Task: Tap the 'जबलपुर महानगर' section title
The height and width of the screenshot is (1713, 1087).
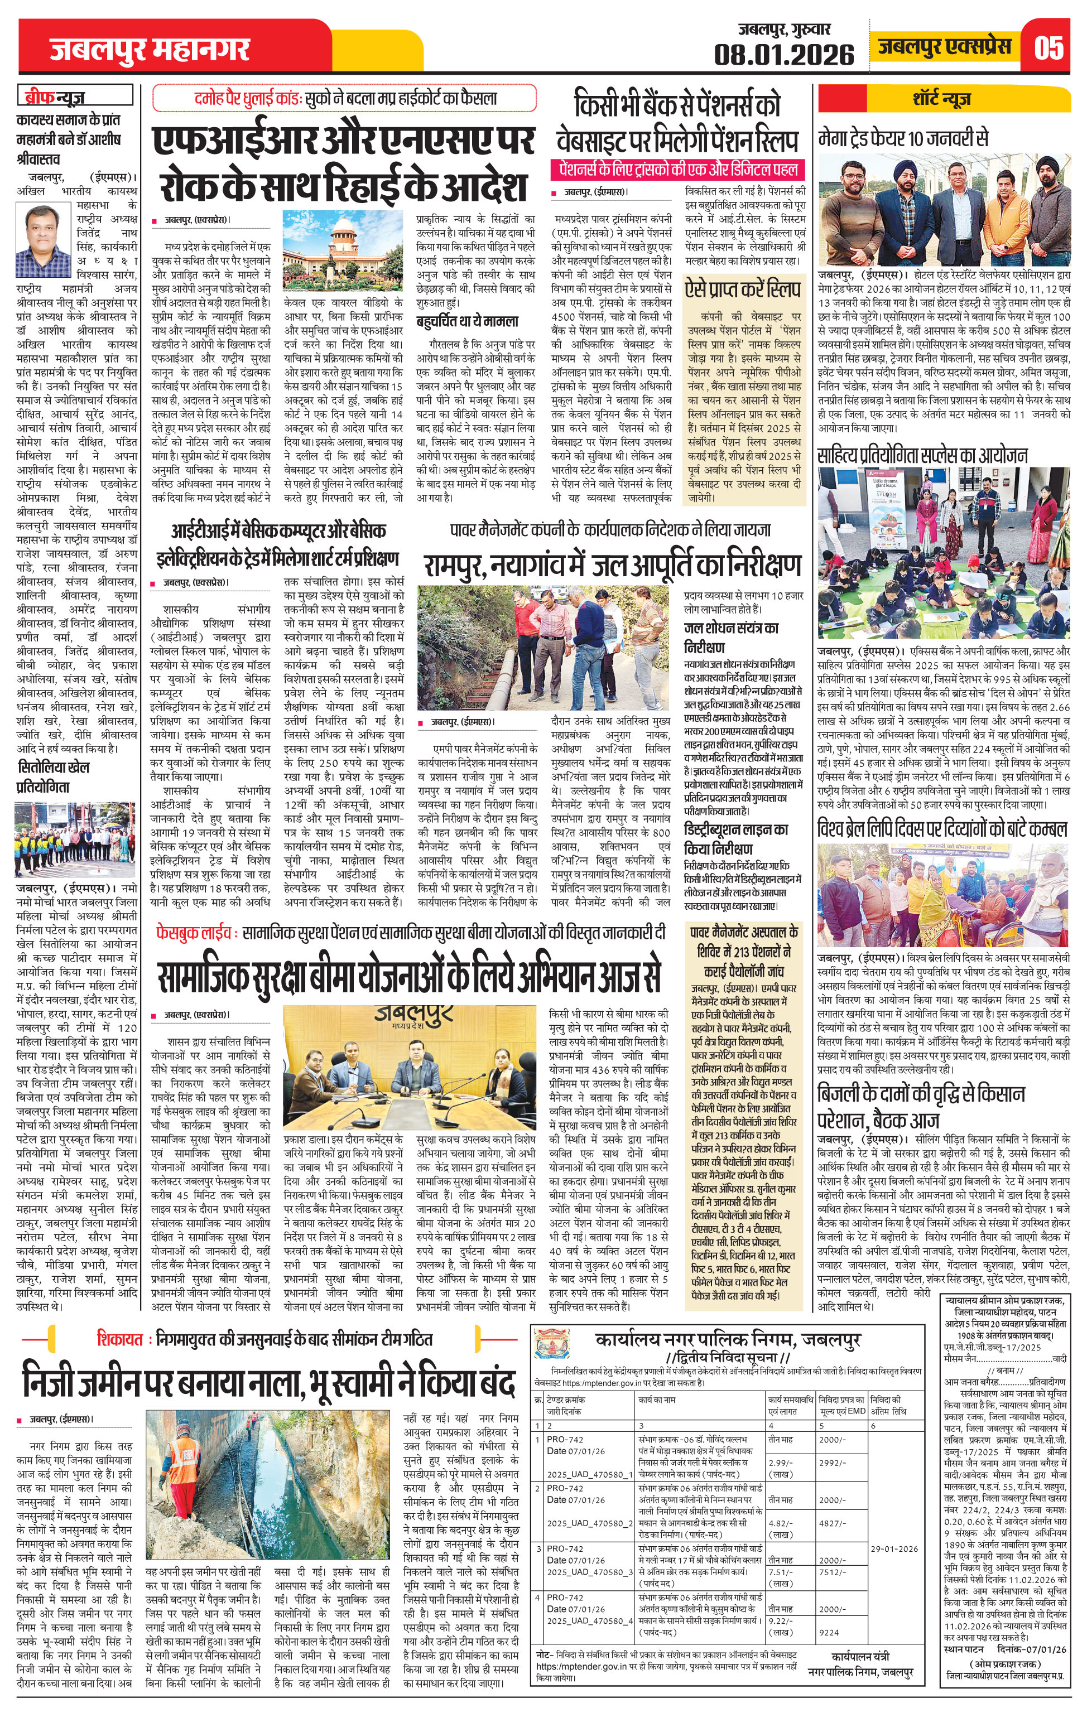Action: (150, 51)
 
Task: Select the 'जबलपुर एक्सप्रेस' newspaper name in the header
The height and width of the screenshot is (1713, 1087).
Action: (945, 47)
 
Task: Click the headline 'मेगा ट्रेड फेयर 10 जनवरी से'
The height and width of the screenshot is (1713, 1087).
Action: (903, 137)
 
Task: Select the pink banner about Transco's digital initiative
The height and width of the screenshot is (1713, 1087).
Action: (679, 171)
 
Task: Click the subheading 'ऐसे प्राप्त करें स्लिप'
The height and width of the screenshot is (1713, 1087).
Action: (743, 289)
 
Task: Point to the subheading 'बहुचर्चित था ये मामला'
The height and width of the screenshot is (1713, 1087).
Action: (468, 321)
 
